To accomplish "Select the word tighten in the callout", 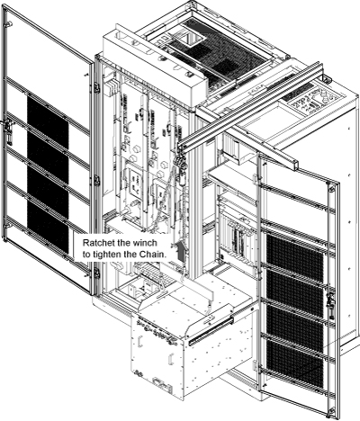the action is click(105, 255).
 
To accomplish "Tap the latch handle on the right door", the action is click(330, 305).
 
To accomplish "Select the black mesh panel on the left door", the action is click(48, 174).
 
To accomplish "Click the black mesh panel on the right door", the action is click(295, 310).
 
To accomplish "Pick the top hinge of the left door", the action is click(96, 87).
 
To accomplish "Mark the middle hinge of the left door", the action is click(96, 180).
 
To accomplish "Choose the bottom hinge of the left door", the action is click(96, 273).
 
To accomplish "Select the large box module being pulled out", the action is click(192, 336).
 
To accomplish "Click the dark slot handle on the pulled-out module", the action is click(211, 331).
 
